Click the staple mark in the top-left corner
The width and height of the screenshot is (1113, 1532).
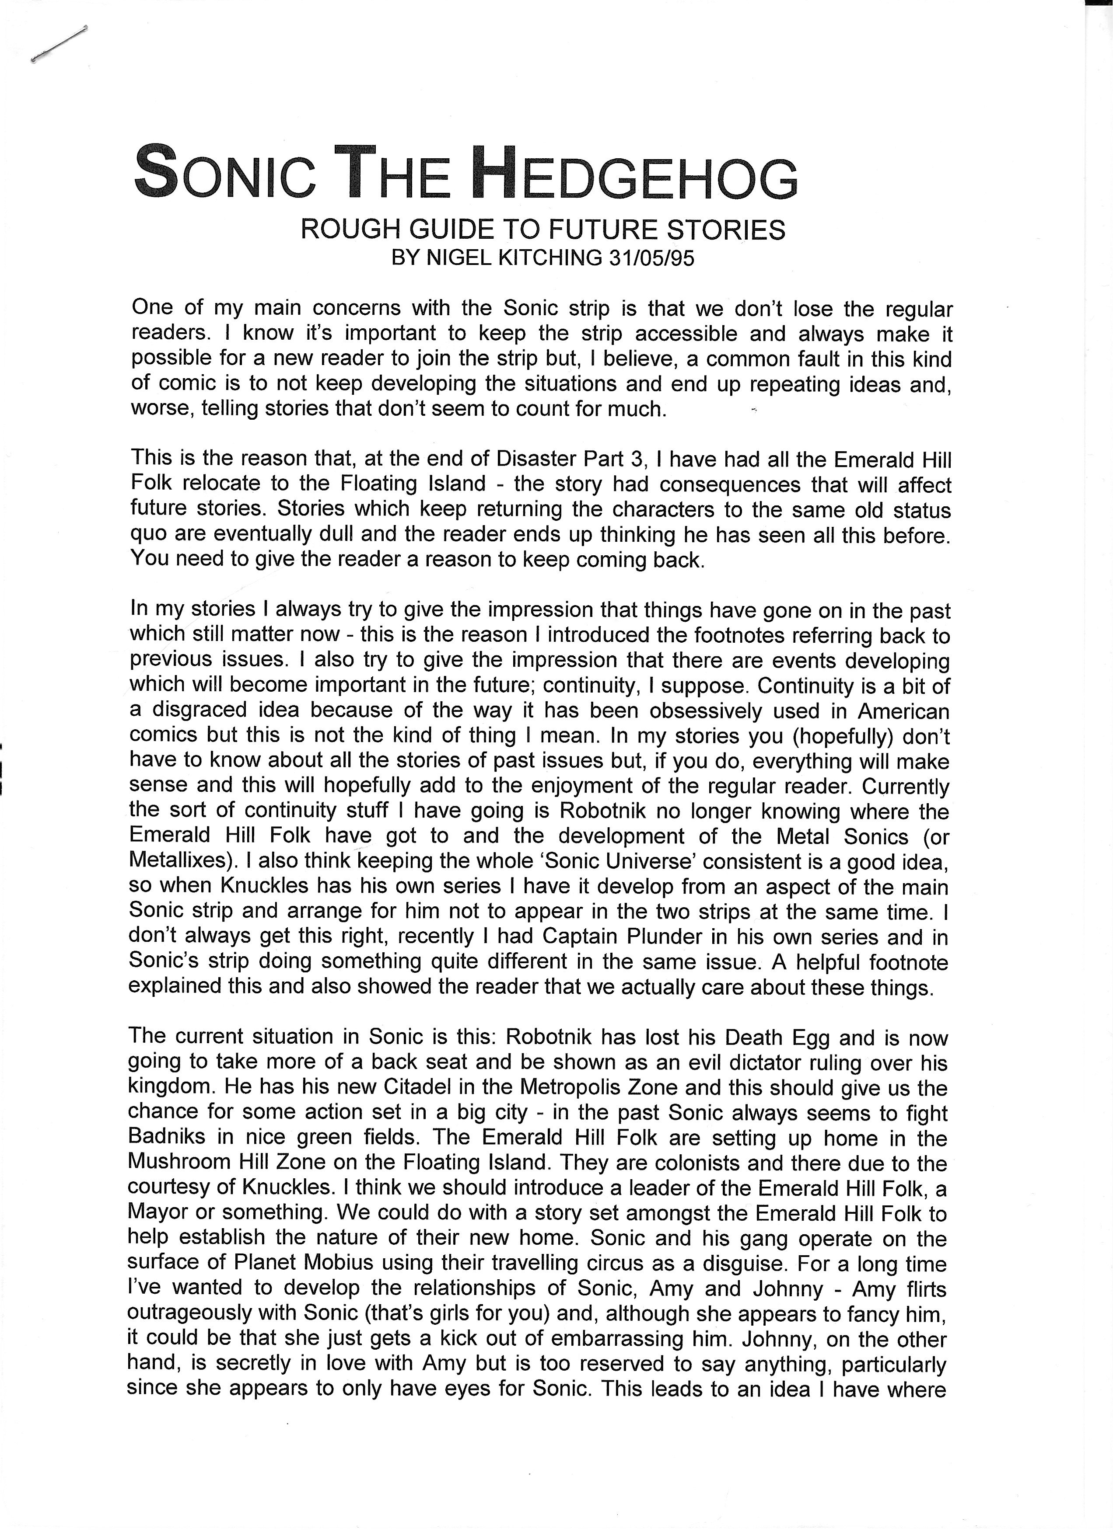[x=59, y=45]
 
